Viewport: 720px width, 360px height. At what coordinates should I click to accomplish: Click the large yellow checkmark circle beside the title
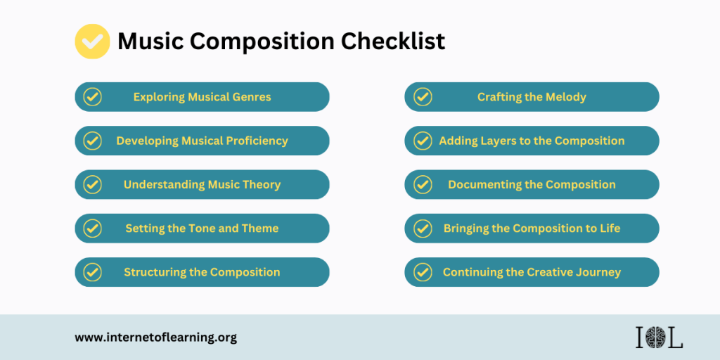(x=92, y=41)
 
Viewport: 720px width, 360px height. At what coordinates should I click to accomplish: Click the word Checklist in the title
(x=392, y=41)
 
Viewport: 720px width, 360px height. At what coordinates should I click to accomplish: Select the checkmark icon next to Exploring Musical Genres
(x=92, y=97)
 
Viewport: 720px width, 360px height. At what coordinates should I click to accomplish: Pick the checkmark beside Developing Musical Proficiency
(x=92, y=141)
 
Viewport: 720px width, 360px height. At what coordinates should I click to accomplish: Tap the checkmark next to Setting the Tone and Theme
(x=92, y=229)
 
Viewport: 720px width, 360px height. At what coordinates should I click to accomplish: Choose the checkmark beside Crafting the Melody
(x=423, y=97)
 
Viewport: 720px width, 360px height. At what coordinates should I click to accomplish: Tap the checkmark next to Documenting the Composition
(x=423, y=185)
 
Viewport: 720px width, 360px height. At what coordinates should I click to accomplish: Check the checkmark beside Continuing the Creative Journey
(x=423, y=272)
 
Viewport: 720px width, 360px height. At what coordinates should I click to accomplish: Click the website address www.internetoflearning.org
(x=155, y=338)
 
